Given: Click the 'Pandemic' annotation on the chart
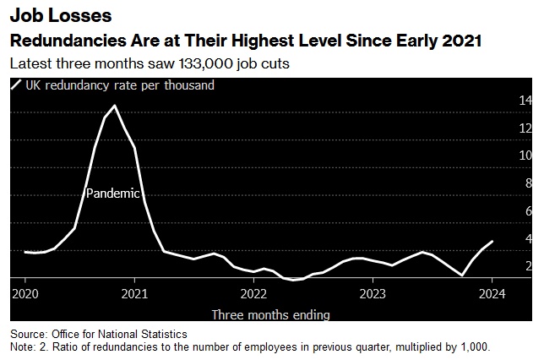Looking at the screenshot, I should point(112,193).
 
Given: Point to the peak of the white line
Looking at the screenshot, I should point(114,106).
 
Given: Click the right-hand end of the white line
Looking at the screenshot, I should point(492,242).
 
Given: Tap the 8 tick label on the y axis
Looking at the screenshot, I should point(528,183).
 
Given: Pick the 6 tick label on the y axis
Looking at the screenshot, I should point(528,210).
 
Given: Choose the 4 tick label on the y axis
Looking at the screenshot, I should point(528,238).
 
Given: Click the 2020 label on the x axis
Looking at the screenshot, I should point(25,294).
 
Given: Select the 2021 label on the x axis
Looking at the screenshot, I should point(134,294).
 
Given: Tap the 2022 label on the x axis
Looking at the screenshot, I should point(253,294).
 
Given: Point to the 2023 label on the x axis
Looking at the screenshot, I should point(373,294).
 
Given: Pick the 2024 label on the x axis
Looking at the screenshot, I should point(492,294).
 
